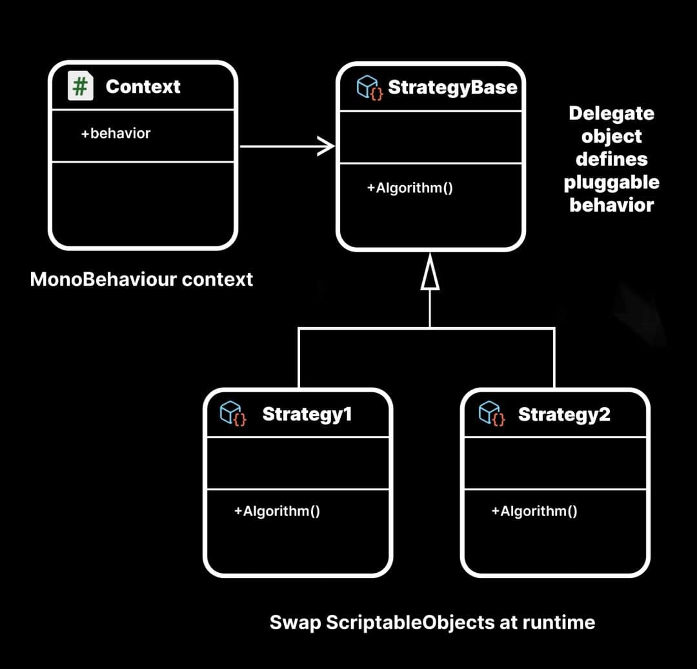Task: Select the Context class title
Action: pyautogui.click(x=143, y=87)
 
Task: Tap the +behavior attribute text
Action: pyautogui.click(x=116, y=134)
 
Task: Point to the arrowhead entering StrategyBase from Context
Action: pyautogui.click(x=326, y=146)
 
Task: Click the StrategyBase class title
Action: pyautogui.click(x=452, y=87)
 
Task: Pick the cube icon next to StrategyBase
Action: pyautogui.click(x=369, y=87)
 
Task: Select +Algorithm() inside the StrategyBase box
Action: pyautogui.click(x=409, y=188)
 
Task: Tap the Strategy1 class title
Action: pyautogui.click(x=307, y=414)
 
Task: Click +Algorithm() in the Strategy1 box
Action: pyautogui.click(x=277, y=511)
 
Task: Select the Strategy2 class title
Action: pyautogui.click(x=564, y=414)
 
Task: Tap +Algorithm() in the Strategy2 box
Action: pyautogui.click(x=534, y=511)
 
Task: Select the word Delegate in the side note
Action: pyautogui.click(x=611, y=114)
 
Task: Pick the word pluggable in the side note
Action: pyautogui.click(x=611, y=183)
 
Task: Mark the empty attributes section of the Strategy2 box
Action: pyautogui.click(x=555, y=463)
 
